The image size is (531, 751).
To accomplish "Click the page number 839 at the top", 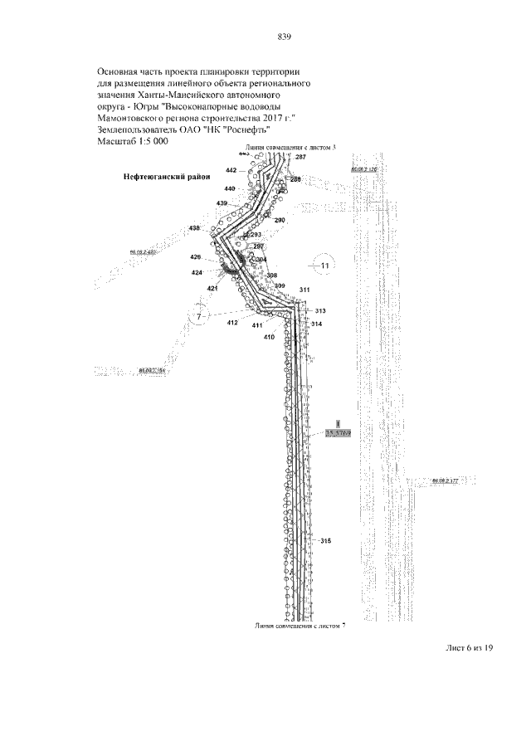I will pyautogui.click(x=283, y=37).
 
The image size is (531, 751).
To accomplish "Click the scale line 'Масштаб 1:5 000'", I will pyautogui.click(x=134, y=142).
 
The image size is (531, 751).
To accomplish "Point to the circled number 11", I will pyautogui.click(x=325, y=266).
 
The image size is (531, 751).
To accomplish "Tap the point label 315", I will pyautogui.click(x=325, y=541).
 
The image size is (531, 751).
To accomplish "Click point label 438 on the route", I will pyautogui.click(x=195, y=227).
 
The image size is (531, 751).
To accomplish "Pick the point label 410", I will pyautogui.click(x=269, y=337).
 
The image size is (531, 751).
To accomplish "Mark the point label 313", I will pyautogui.click(x=320, y=311).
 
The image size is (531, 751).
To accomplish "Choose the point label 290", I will pyautogui.click(x=280, y=220).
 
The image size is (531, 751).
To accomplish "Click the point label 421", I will pyautogui.click(x=212, y=288).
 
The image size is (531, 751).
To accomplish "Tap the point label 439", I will pyautogui.click(x=222, y=203).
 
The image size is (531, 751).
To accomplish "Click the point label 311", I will pyautogui.click(x=304, y=289).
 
